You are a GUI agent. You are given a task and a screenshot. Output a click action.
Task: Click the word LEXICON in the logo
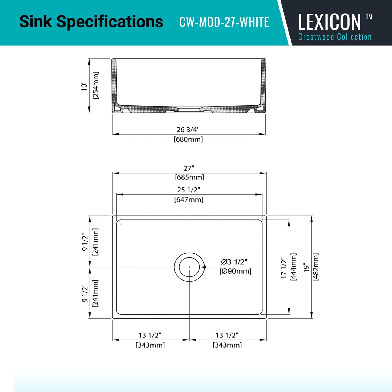(329, 22)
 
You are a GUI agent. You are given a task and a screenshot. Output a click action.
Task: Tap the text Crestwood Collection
(335, 37)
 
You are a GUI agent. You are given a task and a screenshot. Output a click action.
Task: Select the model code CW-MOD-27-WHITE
(224, 22)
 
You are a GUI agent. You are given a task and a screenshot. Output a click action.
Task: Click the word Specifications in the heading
(110, 21)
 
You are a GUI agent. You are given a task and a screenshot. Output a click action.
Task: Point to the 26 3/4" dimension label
(188, 129)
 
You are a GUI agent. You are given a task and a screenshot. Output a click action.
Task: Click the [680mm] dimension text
(188, 139)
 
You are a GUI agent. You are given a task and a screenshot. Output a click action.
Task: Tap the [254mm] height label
(96, 85)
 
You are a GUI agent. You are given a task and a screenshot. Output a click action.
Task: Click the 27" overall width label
(189, 168)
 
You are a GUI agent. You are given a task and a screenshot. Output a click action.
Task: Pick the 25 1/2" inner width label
(189, 190)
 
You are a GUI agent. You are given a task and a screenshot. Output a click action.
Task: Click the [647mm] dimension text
(189, 200)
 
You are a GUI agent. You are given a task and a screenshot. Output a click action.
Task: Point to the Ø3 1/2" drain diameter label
(234, 262)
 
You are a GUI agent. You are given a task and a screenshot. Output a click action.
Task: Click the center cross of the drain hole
(189, 267)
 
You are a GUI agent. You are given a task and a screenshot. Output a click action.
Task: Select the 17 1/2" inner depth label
(283, 268)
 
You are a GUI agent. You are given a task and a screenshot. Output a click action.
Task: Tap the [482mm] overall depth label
(316, 267)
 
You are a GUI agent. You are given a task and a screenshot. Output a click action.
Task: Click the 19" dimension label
(306, 267)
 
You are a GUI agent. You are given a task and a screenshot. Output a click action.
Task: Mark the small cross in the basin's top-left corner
(121, 224)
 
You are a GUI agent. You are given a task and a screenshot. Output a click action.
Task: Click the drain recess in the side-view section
(189, 110)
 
